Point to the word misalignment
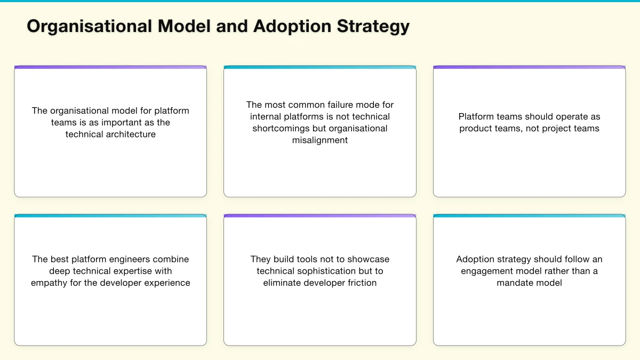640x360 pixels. pyautogui.click(x=320, y=140)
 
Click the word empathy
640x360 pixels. pyautogui.click(x=49, y=283)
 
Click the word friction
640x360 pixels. pyautogui.click(x=359, y=283)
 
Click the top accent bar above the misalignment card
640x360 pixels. pyautogui.click(x=320, y=67)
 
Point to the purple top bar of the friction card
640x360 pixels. pyautogui.click(x=320, y=216)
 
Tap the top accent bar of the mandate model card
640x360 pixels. pyautogui.click(x=529, y=216)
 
